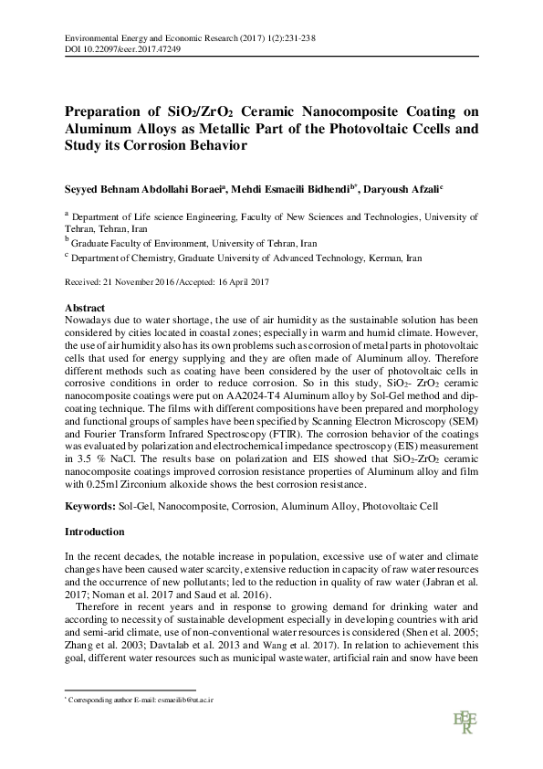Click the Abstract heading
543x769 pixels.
point(87,308)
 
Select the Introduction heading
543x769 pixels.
point(96,531)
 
